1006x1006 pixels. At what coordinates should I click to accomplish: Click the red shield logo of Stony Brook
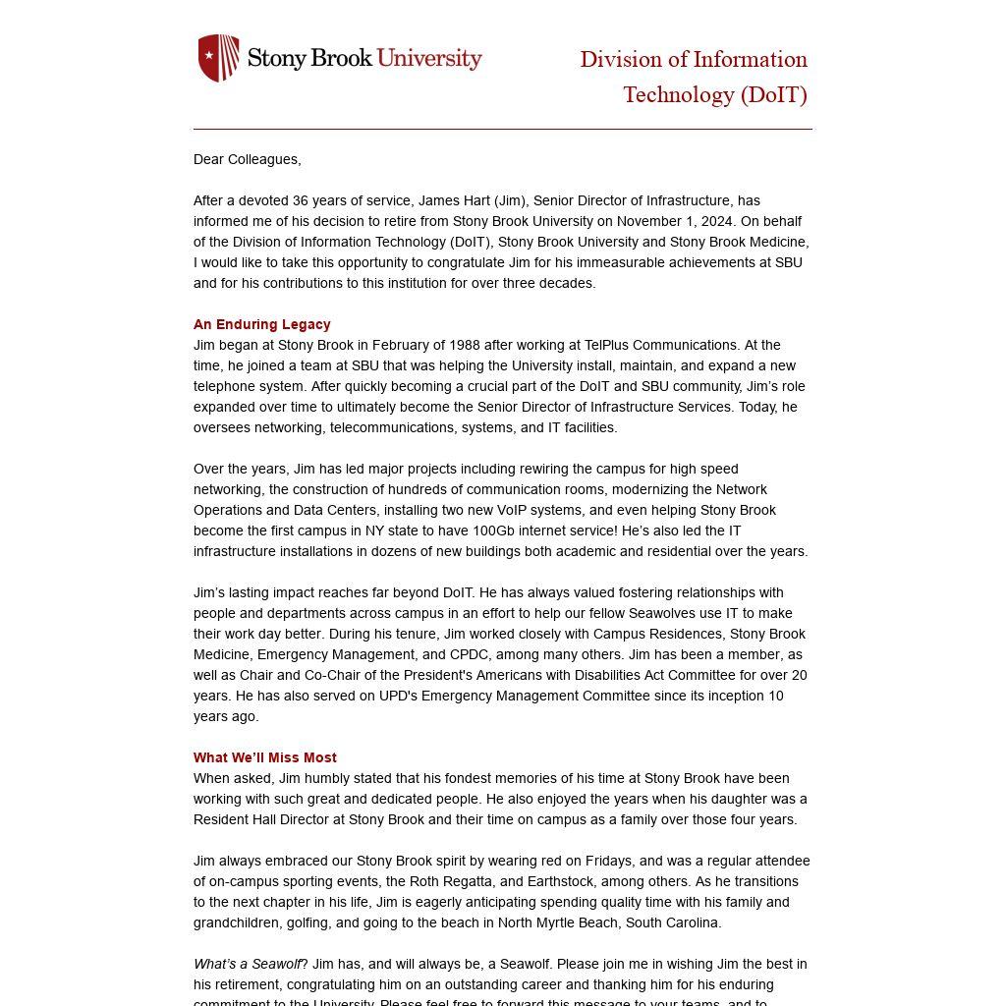point(218,58)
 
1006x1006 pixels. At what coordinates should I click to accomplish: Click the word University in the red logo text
point(429,58)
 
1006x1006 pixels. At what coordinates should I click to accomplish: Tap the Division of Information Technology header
point(694,77)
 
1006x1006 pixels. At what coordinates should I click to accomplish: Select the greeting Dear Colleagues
point(247,159)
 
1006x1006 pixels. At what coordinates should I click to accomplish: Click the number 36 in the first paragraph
point(301,200)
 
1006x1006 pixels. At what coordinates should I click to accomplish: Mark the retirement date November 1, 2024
point(684,221)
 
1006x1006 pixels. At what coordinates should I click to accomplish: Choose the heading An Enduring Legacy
point(261,324)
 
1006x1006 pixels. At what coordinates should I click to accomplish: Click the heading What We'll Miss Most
point(264,757)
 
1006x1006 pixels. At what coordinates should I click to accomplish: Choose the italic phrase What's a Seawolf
point(247,964)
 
